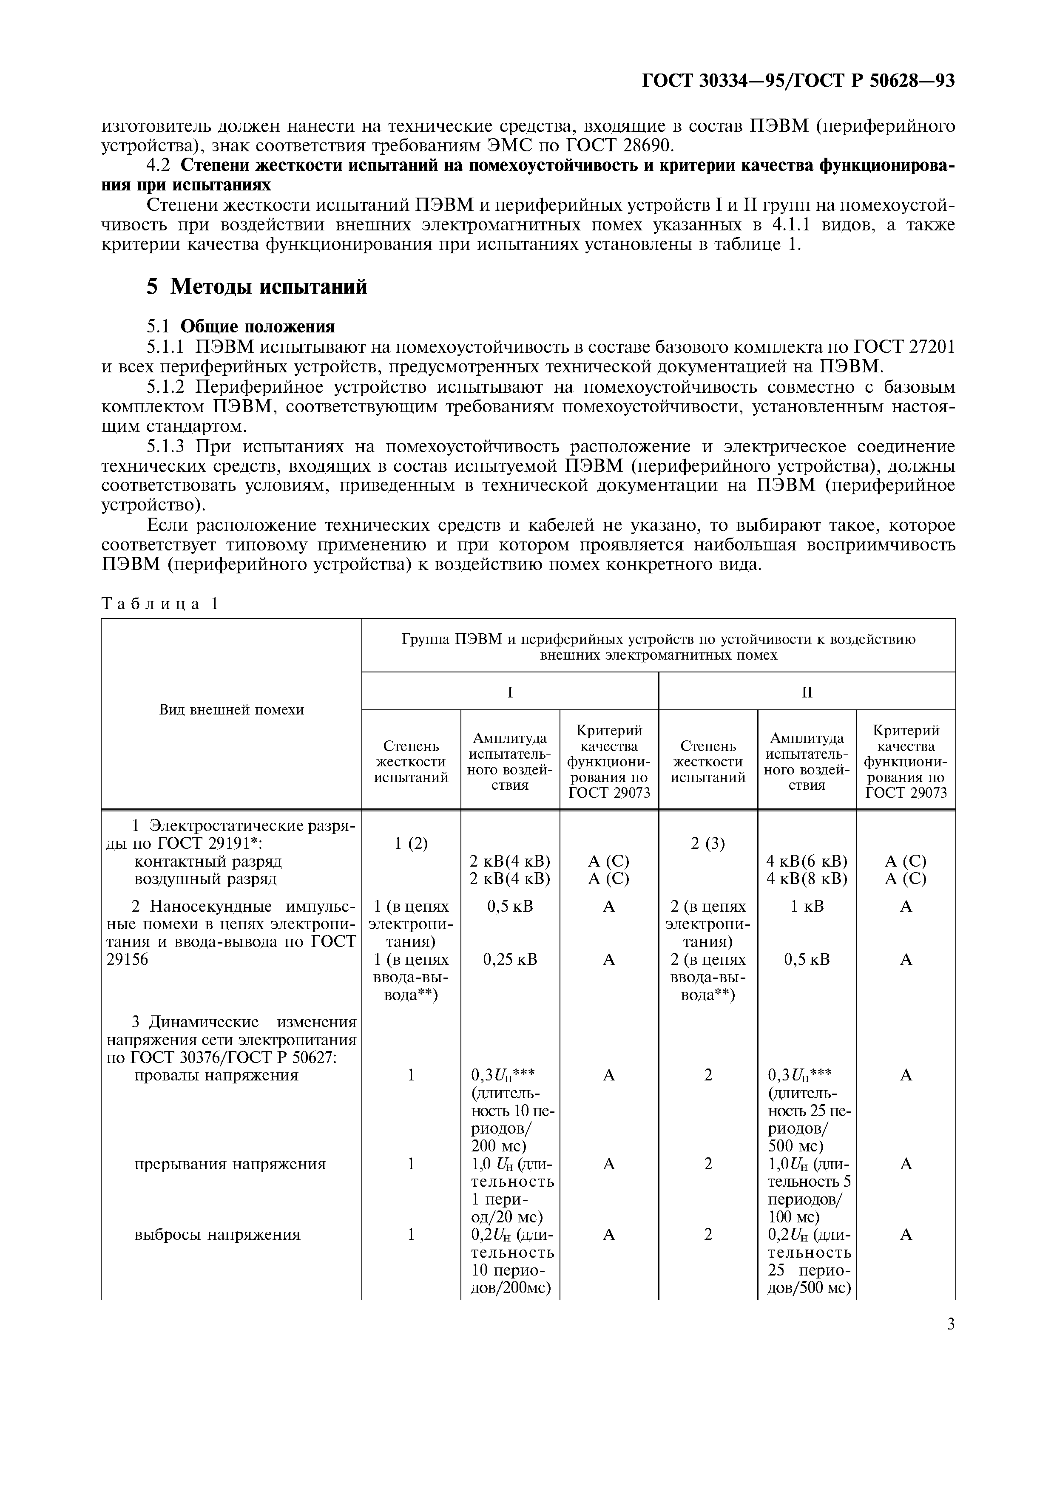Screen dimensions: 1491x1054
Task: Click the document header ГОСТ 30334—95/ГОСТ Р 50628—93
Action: pos(798,80)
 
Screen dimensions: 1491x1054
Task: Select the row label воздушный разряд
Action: pos(205,879)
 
